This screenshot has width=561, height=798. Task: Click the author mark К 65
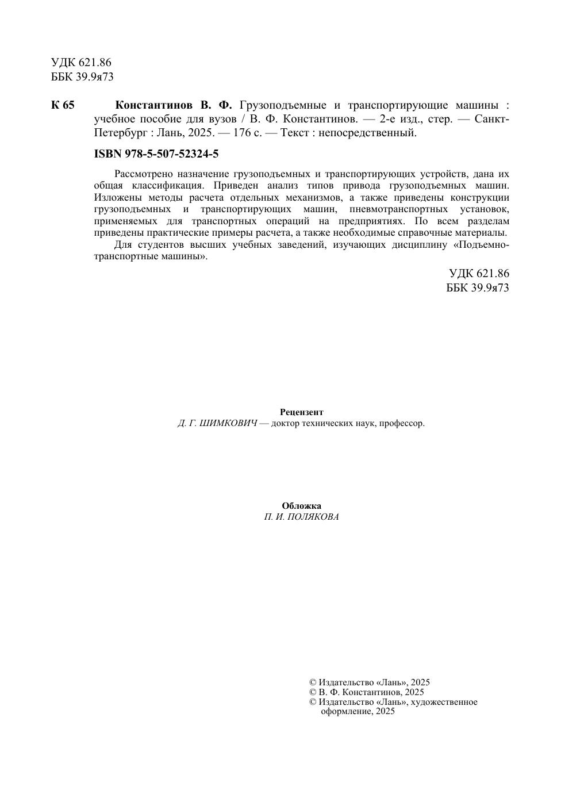click(x=63, y=105)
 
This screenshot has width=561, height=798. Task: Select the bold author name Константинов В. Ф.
click(x=174, y=105)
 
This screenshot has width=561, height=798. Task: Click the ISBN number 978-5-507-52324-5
click(x=171, y=154)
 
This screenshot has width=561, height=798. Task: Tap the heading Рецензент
click(x=301, y=412)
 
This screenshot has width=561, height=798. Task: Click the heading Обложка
click(x=301, y=506)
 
